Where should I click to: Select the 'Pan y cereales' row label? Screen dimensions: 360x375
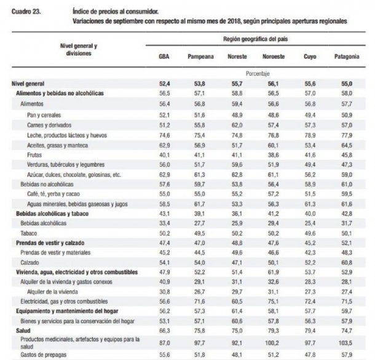47,115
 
